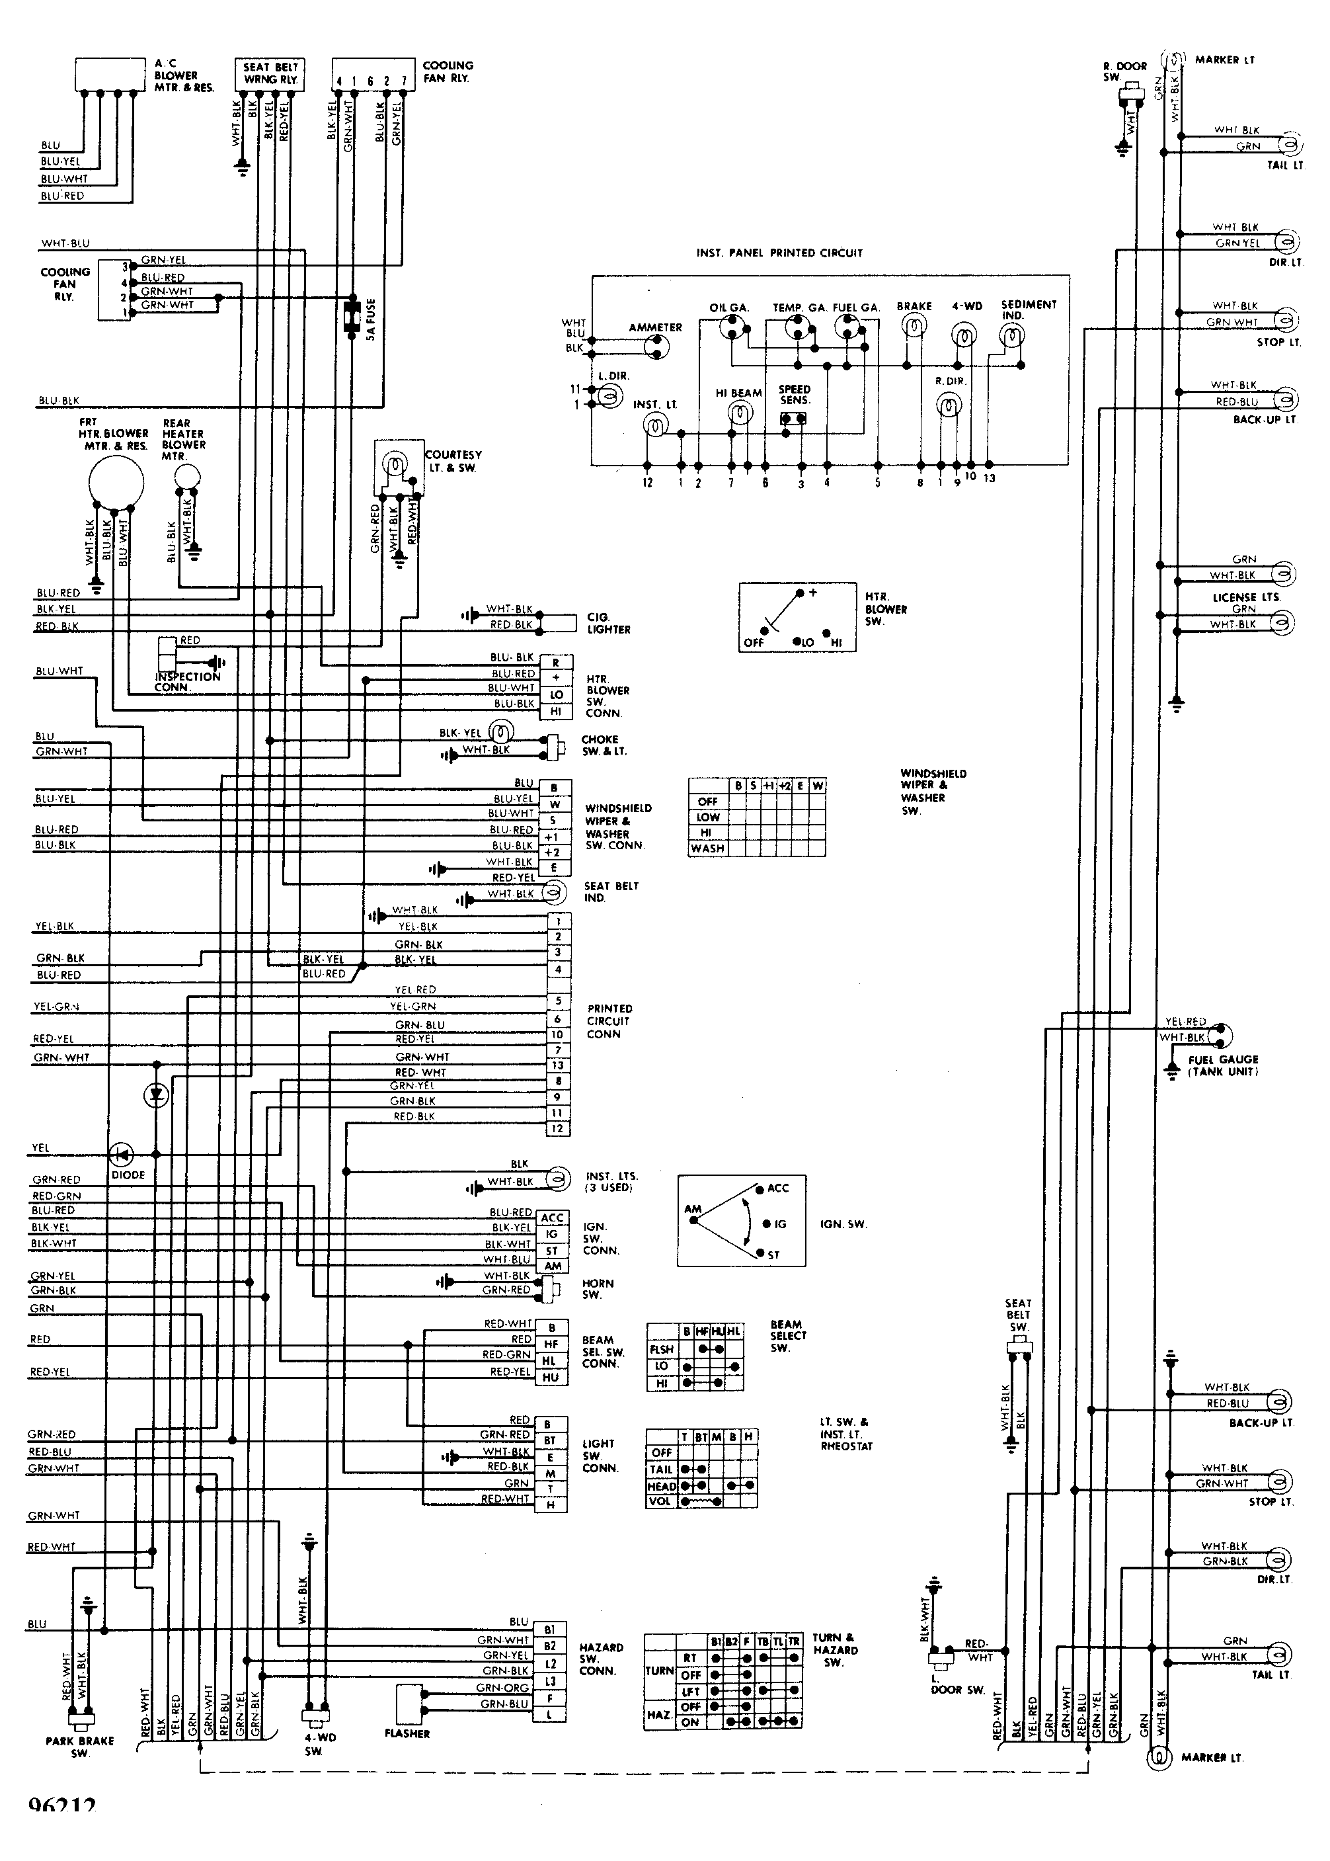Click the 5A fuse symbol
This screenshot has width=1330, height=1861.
pos(353,316)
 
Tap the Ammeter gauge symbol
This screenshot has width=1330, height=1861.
pos(655,348)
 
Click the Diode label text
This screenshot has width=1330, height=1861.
pos(128,1175)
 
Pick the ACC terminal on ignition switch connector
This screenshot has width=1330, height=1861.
pos(553,1218)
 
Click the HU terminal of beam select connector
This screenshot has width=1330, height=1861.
pos(551,1377)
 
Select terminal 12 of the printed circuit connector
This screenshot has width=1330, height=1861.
pos(558,1129)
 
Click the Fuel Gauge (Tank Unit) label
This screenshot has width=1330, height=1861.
pos(1223,1065)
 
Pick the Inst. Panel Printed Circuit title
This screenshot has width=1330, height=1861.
pos(779,253)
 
